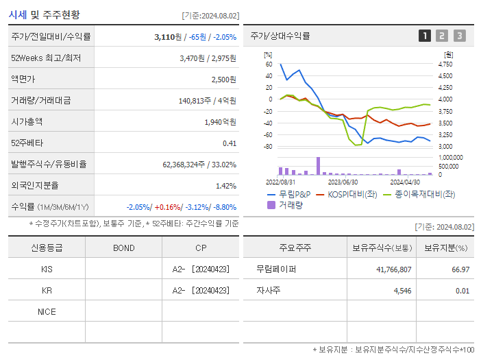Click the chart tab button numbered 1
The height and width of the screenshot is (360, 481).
coord(425,36)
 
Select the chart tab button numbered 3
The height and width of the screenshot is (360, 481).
coord(459,36)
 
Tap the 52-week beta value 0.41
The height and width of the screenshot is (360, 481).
coord(230,143)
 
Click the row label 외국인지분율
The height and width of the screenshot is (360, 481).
coord(35,185)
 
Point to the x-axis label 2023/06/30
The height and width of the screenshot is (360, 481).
coord(343,182)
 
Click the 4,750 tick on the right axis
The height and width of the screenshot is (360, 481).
coord(445,64)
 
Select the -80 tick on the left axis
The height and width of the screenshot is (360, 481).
coord(267,147)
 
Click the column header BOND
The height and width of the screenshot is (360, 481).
coord(123,248)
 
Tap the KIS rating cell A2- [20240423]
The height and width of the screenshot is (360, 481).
coord(201,269)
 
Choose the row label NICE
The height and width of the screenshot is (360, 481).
coord(47,312)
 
